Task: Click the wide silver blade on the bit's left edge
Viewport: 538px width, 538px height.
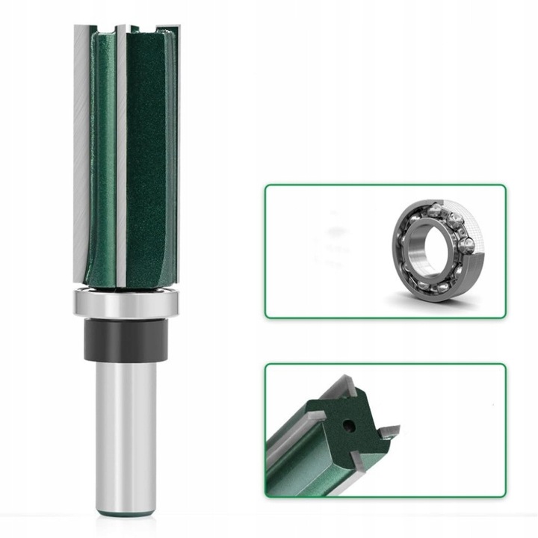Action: (x=82, y=149)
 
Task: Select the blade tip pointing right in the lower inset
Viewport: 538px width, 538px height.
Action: (x=388, y=430)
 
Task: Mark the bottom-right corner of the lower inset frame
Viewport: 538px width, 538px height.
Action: (x=505, y=496)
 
